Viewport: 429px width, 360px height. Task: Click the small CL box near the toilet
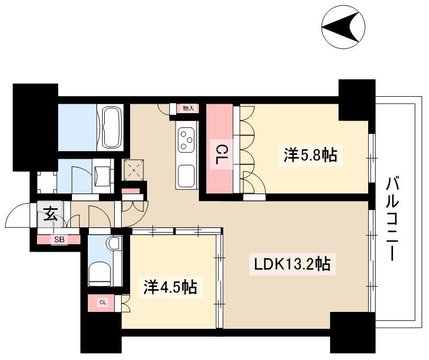pos(103,302)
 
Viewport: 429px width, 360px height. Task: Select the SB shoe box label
pos(58,239)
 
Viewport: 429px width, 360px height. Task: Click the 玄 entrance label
pos(50,215)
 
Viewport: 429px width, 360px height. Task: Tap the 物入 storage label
pos(188,108)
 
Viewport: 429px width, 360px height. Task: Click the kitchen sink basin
pos(187,174)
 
